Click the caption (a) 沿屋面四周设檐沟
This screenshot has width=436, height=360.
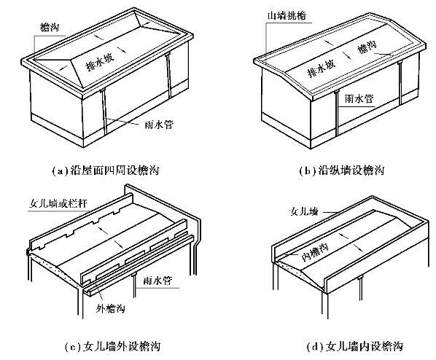coord(106,170)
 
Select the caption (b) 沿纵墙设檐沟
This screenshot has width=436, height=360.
coord(342,170)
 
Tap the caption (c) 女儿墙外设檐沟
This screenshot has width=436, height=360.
coord(112,346)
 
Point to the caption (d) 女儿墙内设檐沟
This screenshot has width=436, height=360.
coord(355,346)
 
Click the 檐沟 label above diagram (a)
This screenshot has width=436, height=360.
coord(50,27)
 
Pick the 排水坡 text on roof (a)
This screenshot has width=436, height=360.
coord(100,63)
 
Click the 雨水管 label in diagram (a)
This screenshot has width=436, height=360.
coord(159,125)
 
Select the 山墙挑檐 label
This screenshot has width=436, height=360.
coord(287,15)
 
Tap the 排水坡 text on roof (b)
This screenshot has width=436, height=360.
coord(321,68)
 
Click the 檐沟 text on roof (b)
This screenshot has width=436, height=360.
coord(367,47)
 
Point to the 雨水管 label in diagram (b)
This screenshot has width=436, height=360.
coord(359,98)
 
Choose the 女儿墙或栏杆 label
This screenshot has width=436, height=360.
coord(58,204)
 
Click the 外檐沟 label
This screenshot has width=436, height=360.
coord(110,308)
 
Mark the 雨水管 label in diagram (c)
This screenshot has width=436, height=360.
coord(157,281)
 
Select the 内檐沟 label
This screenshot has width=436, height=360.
coord(315,252)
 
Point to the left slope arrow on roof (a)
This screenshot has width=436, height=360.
coord(63,67)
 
